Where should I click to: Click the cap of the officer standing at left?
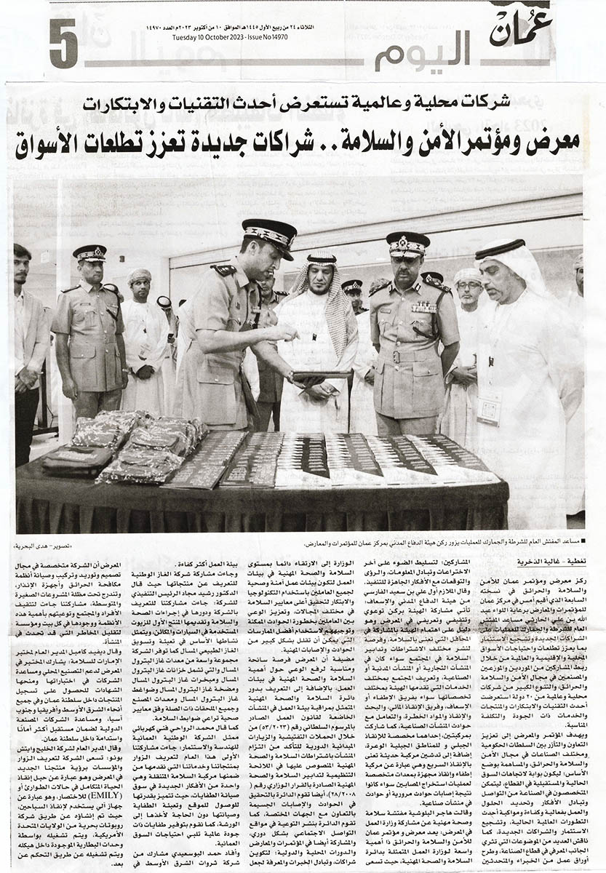coord(89,253)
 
